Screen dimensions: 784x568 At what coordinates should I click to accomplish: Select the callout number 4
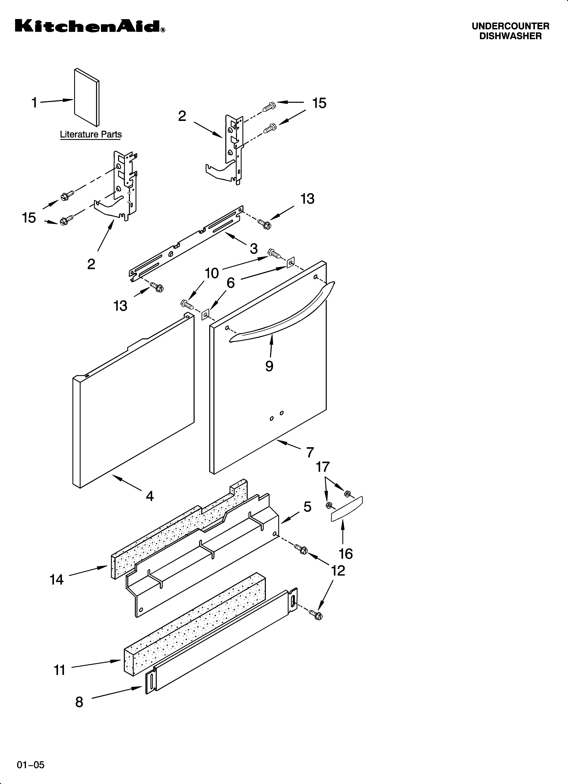coord(149,496)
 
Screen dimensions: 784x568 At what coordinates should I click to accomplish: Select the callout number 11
coord(60,670)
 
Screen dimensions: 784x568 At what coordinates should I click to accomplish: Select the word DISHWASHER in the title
coord(510,36)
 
